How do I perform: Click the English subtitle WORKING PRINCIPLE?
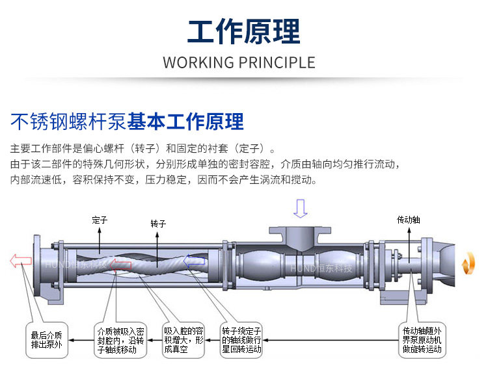[x=239, y=63]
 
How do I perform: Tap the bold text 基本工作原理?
[x=185, y=122]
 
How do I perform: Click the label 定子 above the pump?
[x=99, y=220]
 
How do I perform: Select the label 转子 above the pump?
[x=158, y=223]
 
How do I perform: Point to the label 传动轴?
[x=409, y=220]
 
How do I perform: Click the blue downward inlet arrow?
[x=300, y=209]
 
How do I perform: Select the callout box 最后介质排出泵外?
[x=47, y=339]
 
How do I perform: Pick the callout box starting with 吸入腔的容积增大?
[x=184, y=339]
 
